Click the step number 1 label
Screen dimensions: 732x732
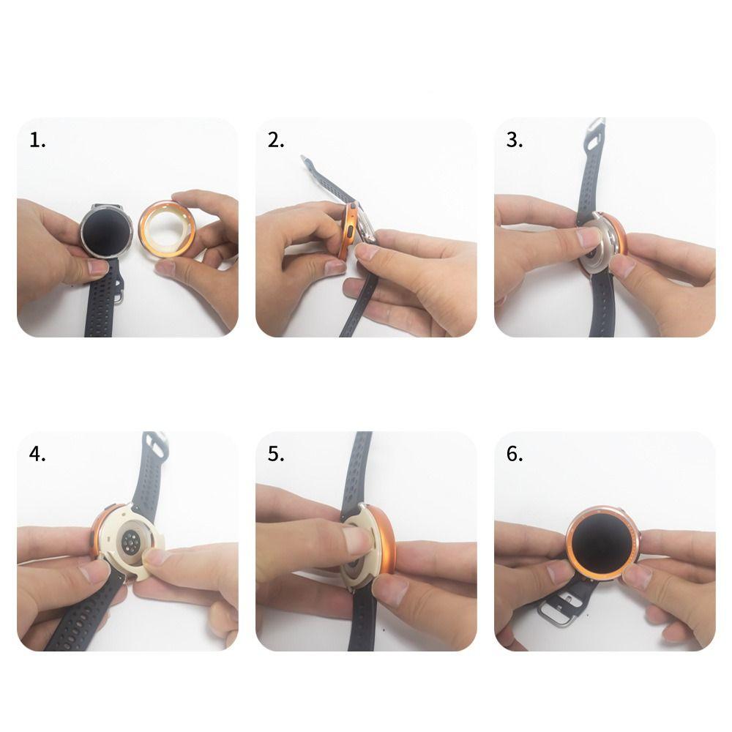point(37,141)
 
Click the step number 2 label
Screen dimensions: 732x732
point(276,141)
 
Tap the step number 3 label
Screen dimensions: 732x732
point(514,141)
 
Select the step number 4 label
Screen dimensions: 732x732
point(37,454)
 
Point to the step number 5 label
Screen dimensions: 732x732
point(276,454)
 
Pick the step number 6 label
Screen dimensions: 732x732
point(514,454)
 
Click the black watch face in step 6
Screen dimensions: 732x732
point(603,543)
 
